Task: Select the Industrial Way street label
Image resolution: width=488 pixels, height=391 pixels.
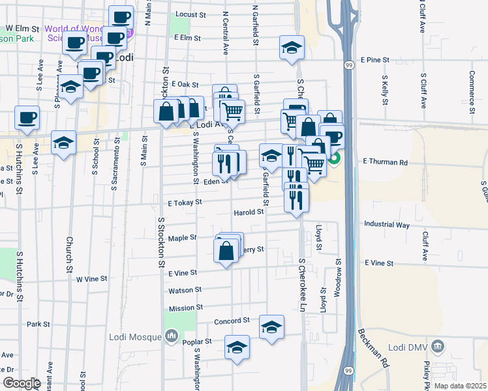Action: [387, 225]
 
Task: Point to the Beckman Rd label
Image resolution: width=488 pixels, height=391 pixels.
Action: [371, 348]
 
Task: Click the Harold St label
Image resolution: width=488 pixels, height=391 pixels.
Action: [249, 212]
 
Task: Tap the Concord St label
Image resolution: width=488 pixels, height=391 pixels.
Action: [232, 321]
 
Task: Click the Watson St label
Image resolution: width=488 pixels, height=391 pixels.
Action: [185, 289]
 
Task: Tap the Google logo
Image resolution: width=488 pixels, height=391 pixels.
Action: [22, 383]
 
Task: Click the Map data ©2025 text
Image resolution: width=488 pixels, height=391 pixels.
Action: [459, 386]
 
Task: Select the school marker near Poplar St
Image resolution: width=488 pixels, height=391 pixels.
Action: [237, 347]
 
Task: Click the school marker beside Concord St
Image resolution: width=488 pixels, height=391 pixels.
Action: [271, 327]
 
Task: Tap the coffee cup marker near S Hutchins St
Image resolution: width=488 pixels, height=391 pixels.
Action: [27, 118]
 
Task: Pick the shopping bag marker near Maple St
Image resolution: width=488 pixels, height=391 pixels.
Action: [226, 250]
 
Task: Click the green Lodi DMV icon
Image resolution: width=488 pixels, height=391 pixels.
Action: [438, 345]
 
